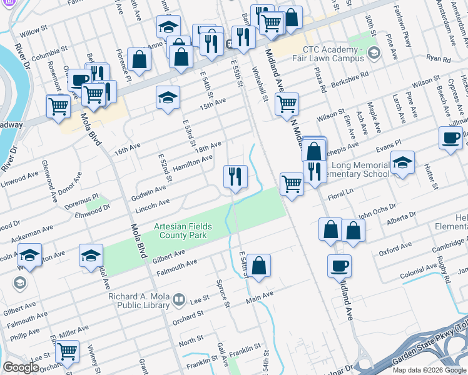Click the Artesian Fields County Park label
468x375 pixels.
point(183,231)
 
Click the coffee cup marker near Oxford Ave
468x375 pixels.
point(339,265)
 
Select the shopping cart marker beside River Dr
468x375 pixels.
point(58,105)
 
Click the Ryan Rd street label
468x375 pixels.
point(434,57)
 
